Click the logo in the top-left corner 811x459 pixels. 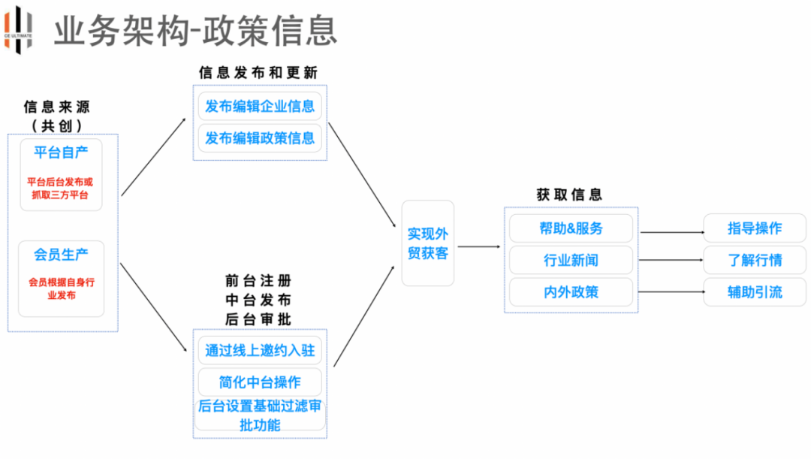click(x=19, y=28)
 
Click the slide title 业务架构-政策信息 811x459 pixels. click(x=195, y=30)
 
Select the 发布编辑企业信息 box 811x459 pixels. click(x=260, y=106)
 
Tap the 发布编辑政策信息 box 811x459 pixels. click(x=260, y=138)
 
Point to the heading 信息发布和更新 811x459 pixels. click(x=258, y=73)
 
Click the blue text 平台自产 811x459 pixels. click(x=61, y=152)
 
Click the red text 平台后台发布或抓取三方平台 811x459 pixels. click(x=61, y=189)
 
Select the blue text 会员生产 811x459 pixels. click(x=61, y=255)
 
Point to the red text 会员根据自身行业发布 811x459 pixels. click(x=61, y=288)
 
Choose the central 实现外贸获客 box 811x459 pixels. click(x=428, y=243)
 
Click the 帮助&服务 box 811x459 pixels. click(x=571, y=228)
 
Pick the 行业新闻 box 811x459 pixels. click(x=571, y=261)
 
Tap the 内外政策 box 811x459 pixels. click(x=571, y=292)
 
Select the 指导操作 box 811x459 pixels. click(x=755, y=228)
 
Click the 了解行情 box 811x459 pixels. click(x=755, y=260)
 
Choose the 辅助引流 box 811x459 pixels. click(x=755, y=291)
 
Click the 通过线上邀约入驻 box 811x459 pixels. click(x=260, y=350)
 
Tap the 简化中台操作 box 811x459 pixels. click(x=260, y=382)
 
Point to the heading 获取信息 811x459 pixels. click(x=569, y=194)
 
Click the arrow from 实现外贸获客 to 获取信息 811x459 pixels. click(x=479, y=246)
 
